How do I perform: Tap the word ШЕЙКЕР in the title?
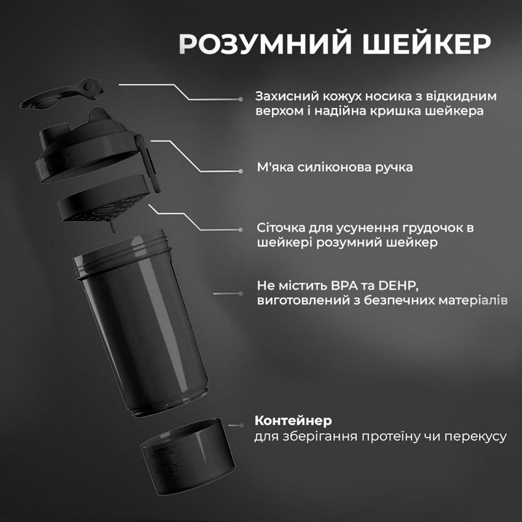tap(417, 45)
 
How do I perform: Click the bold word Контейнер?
tap(293, 421)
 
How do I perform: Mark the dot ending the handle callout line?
tap(240, 170)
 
